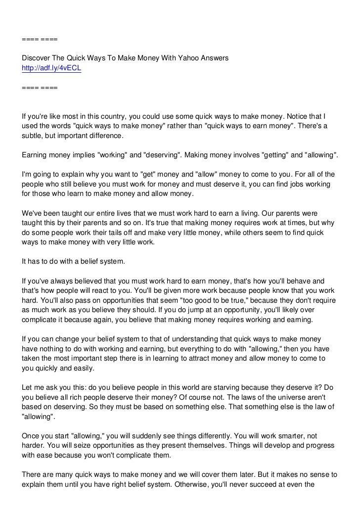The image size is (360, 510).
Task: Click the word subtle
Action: tap(33, 136)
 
